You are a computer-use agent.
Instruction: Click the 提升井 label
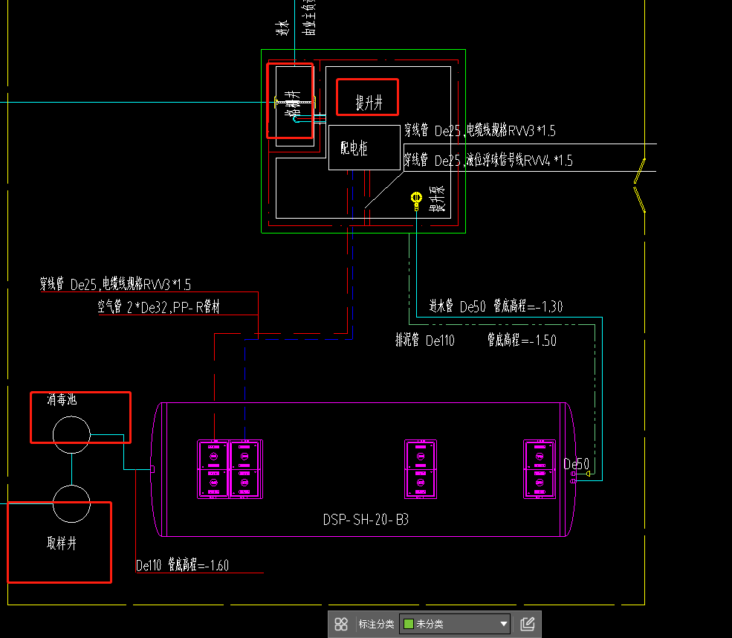pos(368,103)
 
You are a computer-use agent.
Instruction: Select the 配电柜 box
pos(354,148)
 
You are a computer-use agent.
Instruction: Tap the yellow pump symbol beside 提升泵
pos(417,199)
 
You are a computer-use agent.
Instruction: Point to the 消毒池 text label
pos(62,400)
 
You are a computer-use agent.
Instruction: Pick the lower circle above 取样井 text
pos(71,503)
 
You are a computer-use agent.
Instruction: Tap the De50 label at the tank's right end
pos(576,465)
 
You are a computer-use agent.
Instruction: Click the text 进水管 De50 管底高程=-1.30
pos(496,306)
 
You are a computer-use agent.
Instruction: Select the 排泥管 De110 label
pos(424,341)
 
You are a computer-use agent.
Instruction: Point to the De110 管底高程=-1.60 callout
pos(182,565)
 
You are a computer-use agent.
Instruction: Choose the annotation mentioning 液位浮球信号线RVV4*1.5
pos(488,160)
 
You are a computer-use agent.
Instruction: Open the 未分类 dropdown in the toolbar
pos(455,624)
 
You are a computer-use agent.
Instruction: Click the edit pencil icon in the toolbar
pos(528,624)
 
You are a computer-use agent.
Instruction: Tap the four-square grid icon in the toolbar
pos(341,624)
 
